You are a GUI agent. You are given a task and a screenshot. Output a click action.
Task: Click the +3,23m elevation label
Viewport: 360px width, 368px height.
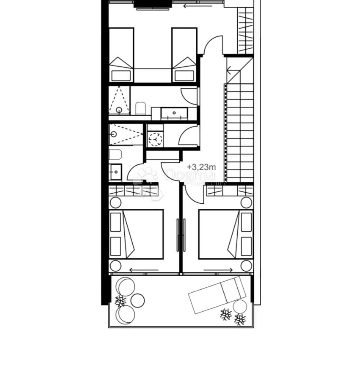(x=201, y=167)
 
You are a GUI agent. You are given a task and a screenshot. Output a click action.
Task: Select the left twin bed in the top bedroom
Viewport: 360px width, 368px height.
(x=121, y=55)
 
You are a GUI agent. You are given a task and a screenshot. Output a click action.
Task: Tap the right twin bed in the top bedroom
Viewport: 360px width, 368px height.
(x=184, y=55)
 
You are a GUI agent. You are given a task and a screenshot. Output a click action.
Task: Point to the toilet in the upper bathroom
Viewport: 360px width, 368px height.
(x=141, y=108)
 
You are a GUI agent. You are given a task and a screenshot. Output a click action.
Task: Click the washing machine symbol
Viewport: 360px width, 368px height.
(x=155, y=139)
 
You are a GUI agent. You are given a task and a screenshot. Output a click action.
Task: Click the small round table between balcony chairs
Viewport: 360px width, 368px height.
(x=138, y=300)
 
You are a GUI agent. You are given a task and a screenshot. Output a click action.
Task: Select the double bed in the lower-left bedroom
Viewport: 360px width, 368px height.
(x=136, y=234)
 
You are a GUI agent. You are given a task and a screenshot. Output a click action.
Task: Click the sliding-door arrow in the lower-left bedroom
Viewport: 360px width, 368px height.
(x=144, y=270)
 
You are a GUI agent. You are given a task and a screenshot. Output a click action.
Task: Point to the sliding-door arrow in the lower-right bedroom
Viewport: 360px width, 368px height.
(x=218, y=270)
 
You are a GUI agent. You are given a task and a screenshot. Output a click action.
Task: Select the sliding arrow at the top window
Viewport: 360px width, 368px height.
(x=198, y=6)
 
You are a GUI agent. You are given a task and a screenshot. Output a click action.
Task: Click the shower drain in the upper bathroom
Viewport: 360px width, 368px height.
(x=119, y=110)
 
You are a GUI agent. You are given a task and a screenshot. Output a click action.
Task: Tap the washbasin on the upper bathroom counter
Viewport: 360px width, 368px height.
(x=174, y=113)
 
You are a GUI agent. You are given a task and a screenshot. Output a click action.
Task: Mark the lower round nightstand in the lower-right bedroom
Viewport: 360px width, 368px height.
(x=246, y=266)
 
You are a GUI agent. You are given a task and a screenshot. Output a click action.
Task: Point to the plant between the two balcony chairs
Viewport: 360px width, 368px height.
(x=120, y=301)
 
